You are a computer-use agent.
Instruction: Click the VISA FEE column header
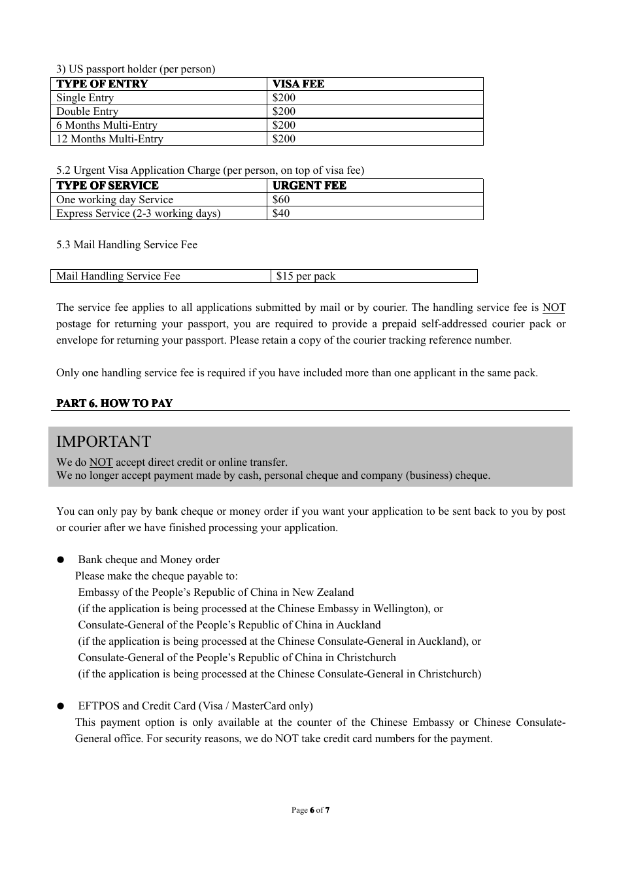[x=298, y=84]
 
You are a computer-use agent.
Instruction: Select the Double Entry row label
[x=87, y=112]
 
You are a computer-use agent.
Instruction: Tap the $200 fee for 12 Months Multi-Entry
[x=284, y=139]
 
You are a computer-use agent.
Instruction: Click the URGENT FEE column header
[x=309, y=186]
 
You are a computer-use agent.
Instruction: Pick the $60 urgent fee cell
[x=281, y=200]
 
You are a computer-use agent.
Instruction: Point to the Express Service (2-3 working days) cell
[x=138, y=214]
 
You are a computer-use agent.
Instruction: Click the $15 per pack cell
[x=305, y=276]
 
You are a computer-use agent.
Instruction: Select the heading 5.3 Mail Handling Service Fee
[x=126, y=245]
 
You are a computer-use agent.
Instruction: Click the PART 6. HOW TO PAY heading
[x=114, y=404]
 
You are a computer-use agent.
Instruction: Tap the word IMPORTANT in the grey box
[x=103, y=442]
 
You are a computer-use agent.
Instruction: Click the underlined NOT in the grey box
[x=101, y=463]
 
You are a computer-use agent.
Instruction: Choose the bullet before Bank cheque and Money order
[x=61, y=560]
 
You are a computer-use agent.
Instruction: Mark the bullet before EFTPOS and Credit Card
[x=61, y=706]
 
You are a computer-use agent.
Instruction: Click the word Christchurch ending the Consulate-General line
[x=366, y=658]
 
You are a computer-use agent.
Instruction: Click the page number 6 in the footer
[x=312, y=810]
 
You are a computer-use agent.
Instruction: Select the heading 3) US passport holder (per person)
[x=135, y=69]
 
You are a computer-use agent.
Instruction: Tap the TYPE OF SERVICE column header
[x=107, y=186]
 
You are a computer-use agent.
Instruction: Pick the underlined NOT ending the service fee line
[x=554, y=308]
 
